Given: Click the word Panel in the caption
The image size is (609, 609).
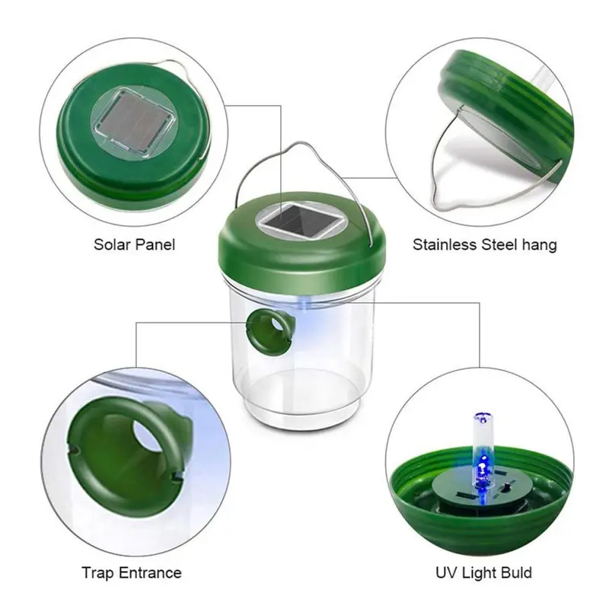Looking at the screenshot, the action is (155, 244).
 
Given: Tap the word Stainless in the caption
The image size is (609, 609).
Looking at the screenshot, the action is (445, 244).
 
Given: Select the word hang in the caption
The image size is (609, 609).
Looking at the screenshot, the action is (539, 246).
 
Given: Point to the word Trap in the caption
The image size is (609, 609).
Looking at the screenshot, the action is (98, 573).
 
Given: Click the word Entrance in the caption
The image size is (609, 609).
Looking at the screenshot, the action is (150, 573).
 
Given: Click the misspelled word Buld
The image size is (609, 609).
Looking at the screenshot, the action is (516, 573).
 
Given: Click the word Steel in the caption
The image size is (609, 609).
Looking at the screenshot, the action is (499, 244).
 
